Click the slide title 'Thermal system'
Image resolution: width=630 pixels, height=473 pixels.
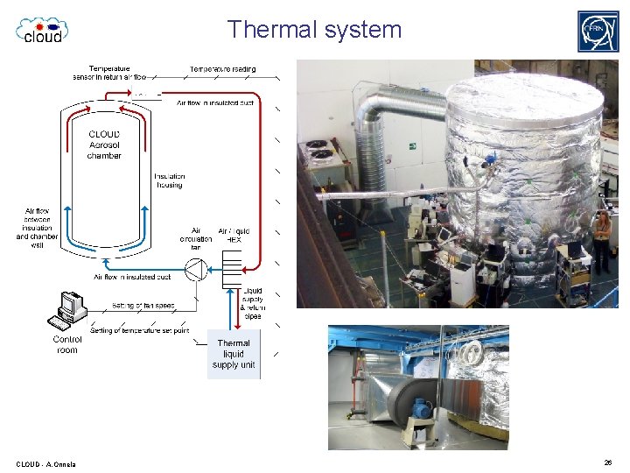coord(314,30)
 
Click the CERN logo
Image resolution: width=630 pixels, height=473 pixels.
coord(598,32)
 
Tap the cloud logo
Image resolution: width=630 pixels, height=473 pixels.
coord(42,30)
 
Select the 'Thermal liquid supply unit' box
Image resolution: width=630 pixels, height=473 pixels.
coord(234,354)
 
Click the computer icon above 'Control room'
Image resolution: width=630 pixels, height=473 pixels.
coord(69,307)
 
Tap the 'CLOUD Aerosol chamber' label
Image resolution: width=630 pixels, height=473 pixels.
coord(104,145)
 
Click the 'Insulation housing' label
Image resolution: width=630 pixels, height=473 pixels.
coord(170,180)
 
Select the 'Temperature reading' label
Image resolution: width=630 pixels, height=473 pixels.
coord(223,68)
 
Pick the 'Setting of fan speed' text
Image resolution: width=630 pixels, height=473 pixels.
coord(143,306)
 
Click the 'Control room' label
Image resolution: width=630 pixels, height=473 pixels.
coord(66,344)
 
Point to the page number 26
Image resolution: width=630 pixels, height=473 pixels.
coord(608,462)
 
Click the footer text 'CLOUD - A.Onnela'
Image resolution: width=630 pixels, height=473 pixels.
coord(45,463)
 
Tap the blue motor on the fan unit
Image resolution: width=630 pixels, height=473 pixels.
coord(423,408)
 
